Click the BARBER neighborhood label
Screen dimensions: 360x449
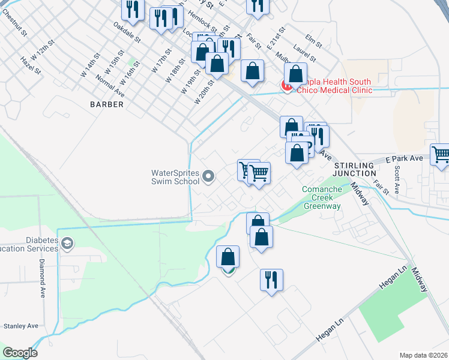point(107,104)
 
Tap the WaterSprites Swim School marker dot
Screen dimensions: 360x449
point(208,176)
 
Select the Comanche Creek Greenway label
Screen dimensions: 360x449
point(321,198)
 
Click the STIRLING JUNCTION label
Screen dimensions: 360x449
point(354,169)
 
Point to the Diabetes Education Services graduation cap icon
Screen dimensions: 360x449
point(68,244)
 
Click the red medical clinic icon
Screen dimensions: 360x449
point(287,86)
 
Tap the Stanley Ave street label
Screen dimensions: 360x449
point(21,326)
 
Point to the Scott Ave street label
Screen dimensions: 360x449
point(397,180)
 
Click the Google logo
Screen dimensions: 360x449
point(20,353)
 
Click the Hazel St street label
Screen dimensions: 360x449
point(31,66)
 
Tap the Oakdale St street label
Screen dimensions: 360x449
point(127,32)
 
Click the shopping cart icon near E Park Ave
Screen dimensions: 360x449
point(440,154)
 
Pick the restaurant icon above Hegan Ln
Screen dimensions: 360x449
point(271,279)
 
